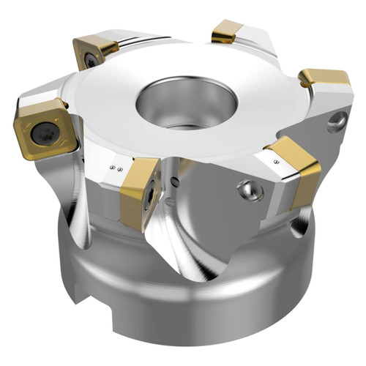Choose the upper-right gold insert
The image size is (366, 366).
pyautogui.click(x=326, y=82)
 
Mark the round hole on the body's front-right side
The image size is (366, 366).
pyautogui.click(x=250, y=193)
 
